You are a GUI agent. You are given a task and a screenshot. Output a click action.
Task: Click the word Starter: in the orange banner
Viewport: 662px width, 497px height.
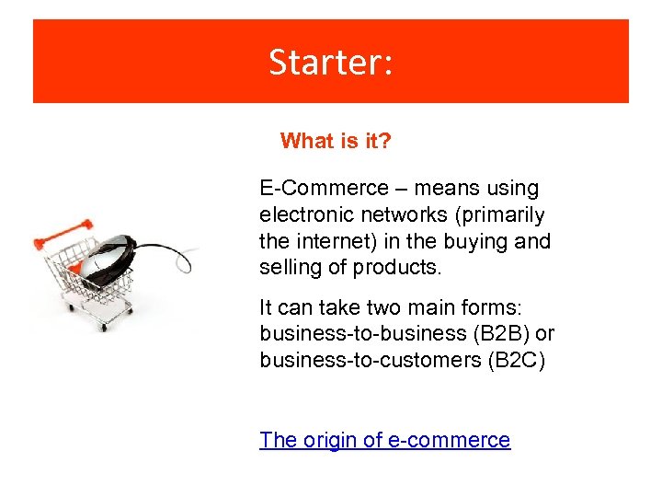[331, 62]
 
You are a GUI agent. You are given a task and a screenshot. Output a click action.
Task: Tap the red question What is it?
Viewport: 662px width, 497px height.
[336, 141]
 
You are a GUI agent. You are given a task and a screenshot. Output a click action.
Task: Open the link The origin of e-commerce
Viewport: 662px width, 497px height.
[384, 440]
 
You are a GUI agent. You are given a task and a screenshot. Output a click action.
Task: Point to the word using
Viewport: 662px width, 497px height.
[513, 189]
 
